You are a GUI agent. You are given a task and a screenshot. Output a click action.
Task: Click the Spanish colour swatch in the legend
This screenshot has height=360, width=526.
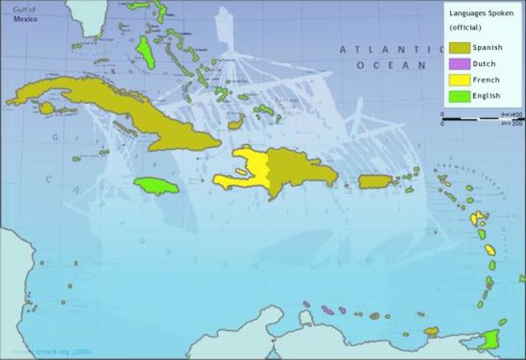coord(459,48)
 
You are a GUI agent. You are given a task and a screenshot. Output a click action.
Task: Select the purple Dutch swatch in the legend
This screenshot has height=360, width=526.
coord(459,63)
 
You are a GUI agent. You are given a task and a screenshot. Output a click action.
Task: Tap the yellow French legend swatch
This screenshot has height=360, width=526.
coord(459,80)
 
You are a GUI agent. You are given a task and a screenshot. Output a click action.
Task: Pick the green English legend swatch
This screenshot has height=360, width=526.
coord(459,96)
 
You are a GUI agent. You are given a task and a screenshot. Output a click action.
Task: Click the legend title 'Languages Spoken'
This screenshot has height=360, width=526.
coord(481,13)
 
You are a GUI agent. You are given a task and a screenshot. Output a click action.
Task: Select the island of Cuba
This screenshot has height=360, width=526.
coord(123,111)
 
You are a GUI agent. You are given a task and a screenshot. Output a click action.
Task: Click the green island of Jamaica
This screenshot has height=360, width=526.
coord(156,187)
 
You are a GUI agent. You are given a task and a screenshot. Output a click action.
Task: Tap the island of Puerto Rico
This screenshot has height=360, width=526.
coord(373,182)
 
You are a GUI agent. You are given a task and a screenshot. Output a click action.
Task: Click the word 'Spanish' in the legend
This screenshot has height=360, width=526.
coord(487,48)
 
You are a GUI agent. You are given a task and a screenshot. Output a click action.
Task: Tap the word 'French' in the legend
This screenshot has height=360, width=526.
coord(486,80)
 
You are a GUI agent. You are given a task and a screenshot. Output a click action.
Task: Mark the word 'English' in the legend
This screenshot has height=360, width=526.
coord(487,96)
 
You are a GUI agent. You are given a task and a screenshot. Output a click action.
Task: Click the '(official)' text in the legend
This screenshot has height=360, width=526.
coord(466,28)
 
